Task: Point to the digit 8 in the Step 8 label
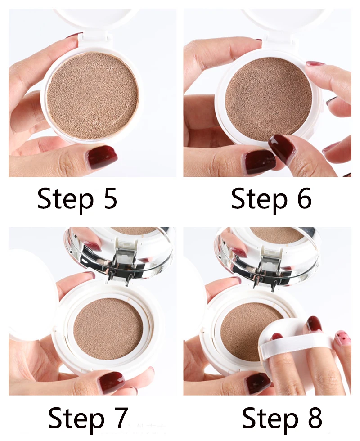tap(313, 418)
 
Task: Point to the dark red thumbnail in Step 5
tap(102, 157)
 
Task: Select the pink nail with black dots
tap(342, 338)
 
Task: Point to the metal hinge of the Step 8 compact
tap(272, 263)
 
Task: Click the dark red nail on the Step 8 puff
tap(314, 324)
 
